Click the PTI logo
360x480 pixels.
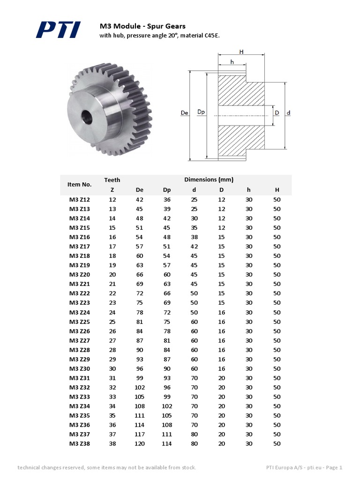pos(58,30)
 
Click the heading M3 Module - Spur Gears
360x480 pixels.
pos(142,26)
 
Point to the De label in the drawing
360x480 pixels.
pos(184,112)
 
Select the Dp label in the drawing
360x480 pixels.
pos(201,112)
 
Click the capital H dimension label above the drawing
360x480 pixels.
pos(241,52)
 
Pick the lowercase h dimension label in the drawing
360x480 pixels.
pos(232,62)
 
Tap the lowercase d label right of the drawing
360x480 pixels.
pos(288,112)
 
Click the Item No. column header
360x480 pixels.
pos(79,185)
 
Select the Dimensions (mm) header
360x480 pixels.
pos(209,180)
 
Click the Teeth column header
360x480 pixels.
pos(112,180)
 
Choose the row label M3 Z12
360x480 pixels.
pos(80,199)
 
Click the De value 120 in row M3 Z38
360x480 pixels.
pos(140,444)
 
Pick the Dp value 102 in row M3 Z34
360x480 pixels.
pos(167,406)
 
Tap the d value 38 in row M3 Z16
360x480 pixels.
pos(194,237)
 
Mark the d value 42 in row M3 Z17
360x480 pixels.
pos(194,247)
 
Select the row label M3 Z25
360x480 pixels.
pos(80,322)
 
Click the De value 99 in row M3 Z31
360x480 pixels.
pos(140,378)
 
